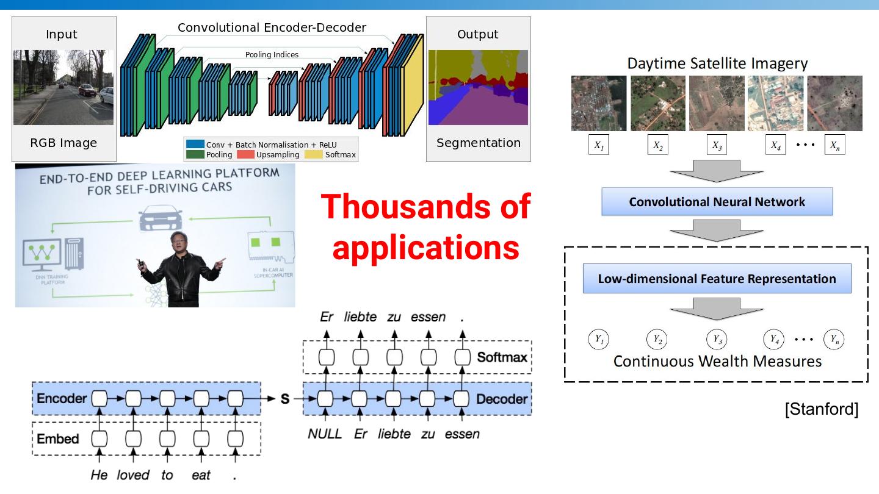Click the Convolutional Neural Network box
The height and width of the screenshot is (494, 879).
coord(717,202)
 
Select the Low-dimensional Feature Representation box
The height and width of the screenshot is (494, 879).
coord(717,279)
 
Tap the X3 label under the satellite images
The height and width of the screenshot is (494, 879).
coord(717,146)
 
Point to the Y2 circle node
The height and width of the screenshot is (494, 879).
coord(657,338)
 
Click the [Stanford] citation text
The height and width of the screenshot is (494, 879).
coord(821,409)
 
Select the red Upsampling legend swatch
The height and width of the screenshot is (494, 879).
coord(245,154)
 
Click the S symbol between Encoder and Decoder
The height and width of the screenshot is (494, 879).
coord(284,399)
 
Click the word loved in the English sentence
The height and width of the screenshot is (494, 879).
coord(133,474)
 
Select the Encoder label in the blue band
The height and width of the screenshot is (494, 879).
coord(62,399)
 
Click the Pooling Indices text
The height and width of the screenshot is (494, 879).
coord(272,55)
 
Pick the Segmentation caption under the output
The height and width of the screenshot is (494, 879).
coord(479,143)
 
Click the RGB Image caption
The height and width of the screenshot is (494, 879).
coord(63,143)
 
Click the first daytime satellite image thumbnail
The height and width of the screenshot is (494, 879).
coord(598,103)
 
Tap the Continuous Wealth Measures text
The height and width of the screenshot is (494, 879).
coord(717,361)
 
